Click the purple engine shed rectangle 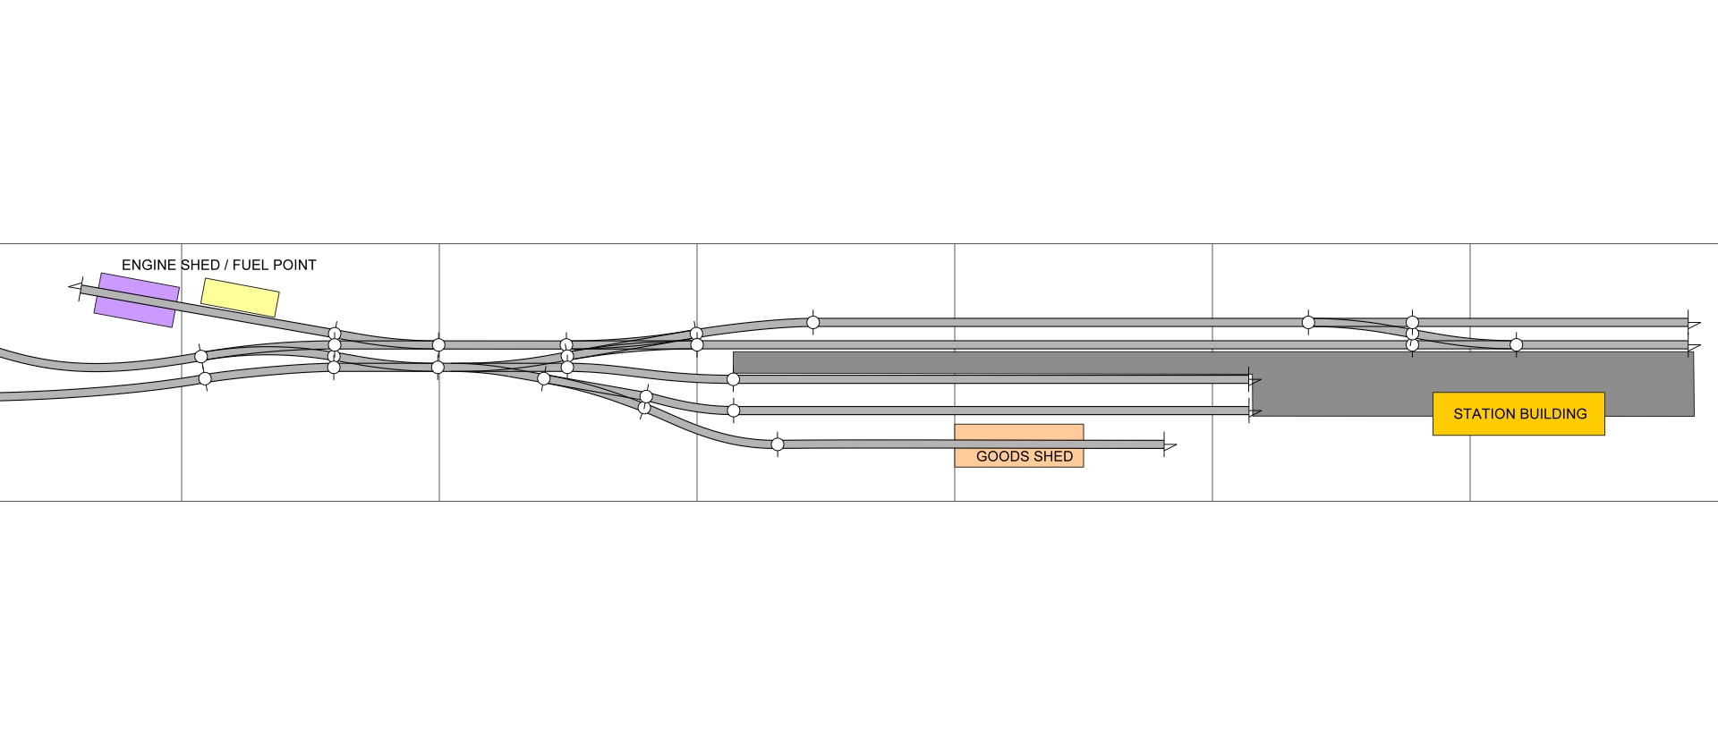(x=136, y=300)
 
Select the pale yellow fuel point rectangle (x=240, y=297)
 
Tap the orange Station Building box (x=1518, y=414)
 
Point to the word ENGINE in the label (x=149, y=265)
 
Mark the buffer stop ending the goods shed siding (x=1168, y=444)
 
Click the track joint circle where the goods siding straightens (x=778, y=444)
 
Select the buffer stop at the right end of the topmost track (x=1691, y=323)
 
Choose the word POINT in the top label (x=296, y=265)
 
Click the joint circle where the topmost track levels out (x=812, y=322)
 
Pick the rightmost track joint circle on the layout (x=1516, y=344)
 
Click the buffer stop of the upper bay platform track (x=1253, y=379)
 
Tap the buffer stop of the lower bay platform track (x=1253, y=411)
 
